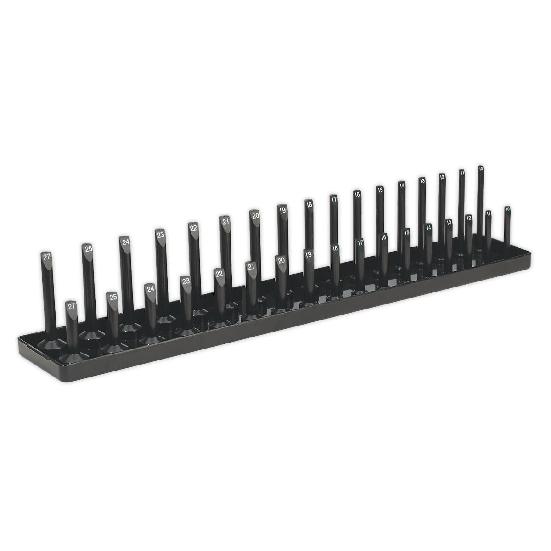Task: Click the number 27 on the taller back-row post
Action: pos(47,257)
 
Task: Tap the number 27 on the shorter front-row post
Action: pos(71,306)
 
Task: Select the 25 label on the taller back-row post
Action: pos(88,248)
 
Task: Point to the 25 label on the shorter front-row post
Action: pos(113,297)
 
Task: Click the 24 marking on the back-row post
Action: pos(125,242)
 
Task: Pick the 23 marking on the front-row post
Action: pos(186,281)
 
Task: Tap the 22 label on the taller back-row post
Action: pos(194,228)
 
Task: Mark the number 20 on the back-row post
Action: pos(255,215)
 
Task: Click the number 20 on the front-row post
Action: pos(281,260)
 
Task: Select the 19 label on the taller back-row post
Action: pos(282,210)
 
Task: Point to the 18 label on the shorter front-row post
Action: pos(335,248)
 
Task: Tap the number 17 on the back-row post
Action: pos(334,199)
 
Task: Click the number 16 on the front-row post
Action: pos(383,237)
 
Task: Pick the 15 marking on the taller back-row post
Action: pos(380,189)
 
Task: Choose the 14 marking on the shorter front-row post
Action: pos(428,227)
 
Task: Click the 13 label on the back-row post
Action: pos(422,180)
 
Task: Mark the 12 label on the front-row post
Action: pos(469,218)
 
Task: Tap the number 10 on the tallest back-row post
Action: pos(481,169)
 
